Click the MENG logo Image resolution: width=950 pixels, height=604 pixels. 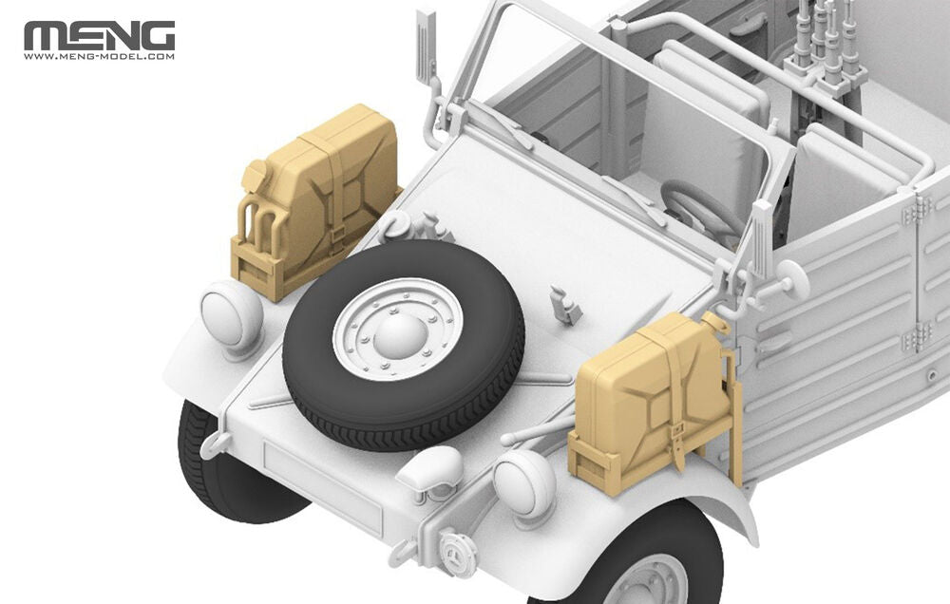99,35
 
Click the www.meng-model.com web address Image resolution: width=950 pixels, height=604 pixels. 99,57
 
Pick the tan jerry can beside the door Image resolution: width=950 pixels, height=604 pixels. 655,399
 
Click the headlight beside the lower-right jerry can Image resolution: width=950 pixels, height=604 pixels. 524,485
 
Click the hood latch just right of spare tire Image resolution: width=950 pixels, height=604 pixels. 566,306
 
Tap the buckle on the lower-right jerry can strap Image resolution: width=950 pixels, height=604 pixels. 678,435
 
